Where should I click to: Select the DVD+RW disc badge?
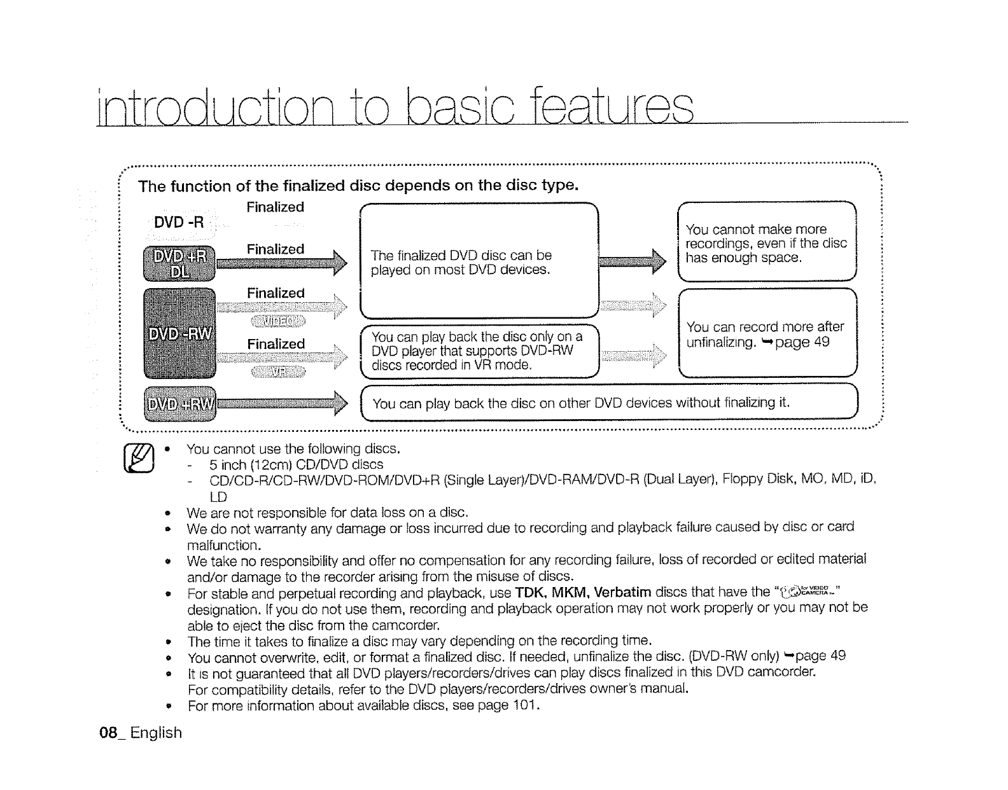click(181, 404)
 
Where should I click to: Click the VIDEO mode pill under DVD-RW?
click(278, 319)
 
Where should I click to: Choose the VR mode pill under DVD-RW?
click(278, 371)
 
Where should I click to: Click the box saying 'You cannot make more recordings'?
click(767, 242)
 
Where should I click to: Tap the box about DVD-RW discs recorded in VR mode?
click(479, 350)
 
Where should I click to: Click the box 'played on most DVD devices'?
click(479, 261)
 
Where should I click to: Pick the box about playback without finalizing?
click(609, 403)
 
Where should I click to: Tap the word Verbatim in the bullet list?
click(622, 592)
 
